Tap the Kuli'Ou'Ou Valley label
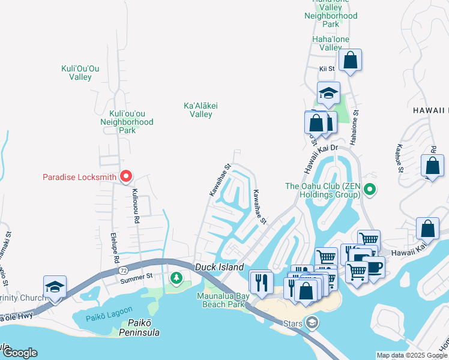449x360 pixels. point(80,73)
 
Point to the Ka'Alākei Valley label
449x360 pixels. point(201,110)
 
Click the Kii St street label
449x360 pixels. point(327,70)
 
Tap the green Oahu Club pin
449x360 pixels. point(370,190)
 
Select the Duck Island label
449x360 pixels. point(219,267)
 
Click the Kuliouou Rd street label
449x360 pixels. point(135,206)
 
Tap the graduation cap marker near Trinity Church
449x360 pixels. point(55,287)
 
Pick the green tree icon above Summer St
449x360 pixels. point(176,277)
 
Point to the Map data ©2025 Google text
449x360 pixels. point(412,355)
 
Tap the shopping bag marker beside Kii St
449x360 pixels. point(351,60)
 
